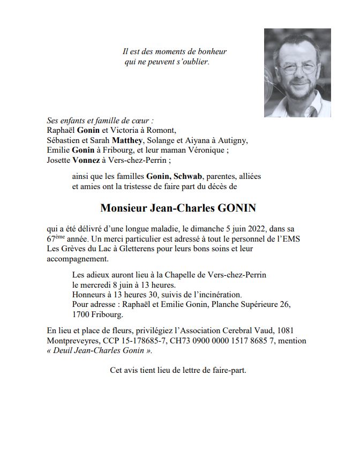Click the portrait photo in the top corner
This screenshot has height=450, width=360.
point(297,73)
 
